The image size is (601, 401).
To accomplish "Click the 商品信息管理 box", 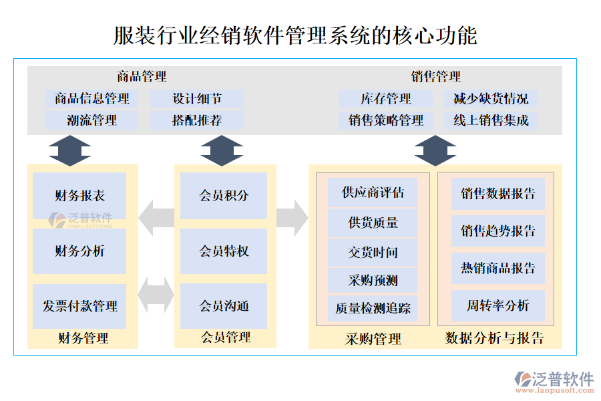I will pyautogui.click(x=92, y=99).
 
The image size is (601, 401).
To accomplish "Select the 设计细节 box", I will pyautogui.click(x=197, y=99).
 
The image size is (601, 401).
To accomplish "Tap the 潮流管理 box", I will pyautogui.click(x=92, y=120).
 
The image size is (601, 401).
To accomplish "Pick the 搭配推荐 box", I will pyautogui.click(x=197, y=120).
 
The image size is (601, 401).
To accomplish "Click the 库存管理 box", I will pyautogui.click(x=386, y=99).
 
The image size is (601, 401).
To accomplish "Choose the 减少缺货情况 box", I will pyautogui.click(x=491, y=99).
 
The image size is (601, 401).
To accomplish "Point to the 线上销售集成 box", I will pyautogui.click(x=491, y=120).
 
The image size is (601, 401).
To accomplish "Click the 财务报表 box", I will pyautogui.click(x=79, y=196).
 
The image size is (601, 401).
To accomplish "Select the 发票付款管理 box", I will pyautogui.click(x=79, y=306).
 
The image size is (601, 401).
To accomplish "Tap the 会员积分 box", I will pyautogui.click(x=224, y=196).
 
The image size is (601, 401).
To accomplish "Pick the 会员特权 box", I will pyautogui.click(x=224, y=251).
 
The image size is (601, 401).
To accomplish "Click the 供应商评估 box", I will pyautogui.click(x=373, y=192).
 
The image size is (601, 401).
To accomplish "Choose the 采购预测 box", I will pyautogui.click(x=373, y=280).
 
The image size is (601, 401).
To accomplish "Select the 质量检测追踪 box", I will pyautogui.click(x=373, y=309).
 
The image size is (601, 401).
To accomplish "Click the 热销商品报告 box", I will pyautogui.click(x=498, y=268).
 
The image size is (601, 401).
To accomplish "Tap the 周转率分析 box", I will pyautogui.click(x=498, y=305).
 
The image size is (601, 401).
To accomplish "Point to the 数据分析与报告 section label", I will pyautogui.click(x=494, y=338).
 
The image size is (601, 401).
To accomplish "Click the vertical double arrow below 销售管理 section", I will pyautogui.click(x=435, y=150).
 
